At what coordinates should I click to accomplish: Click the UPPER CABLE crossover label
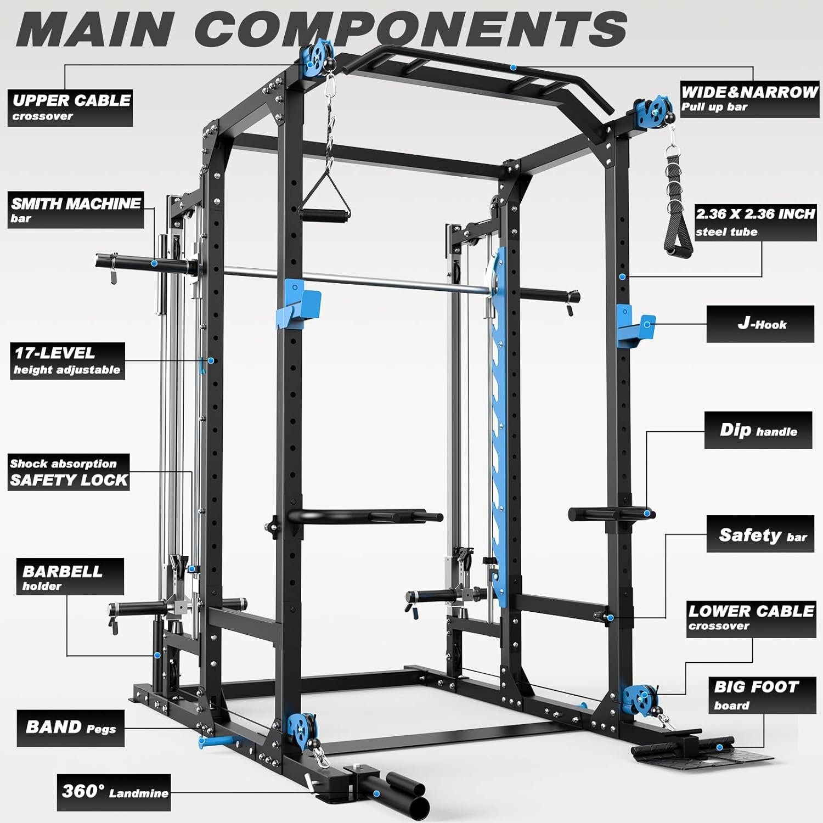click(70, 108)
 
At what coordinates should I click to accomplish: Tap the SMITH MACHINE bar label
click(76, 210)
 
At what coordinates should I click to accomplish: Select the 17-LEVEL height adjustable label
click(67, 360)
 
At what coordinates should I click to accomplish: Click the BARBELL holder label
click(70, 577)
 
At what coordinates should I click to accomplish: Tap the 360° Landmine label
click(114, 792)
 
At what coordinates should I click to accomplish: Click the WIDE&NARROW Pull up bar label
click(749, 99)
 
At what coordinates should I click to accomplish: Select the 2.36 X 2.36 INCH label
click(755, 222)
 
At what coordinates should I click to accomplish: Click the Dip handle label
click(758, 430)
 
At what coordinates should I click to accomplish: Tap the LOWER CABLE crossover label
click(751, 618)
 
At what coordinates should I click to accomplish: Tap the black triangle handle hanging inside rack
click(325, 203)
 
